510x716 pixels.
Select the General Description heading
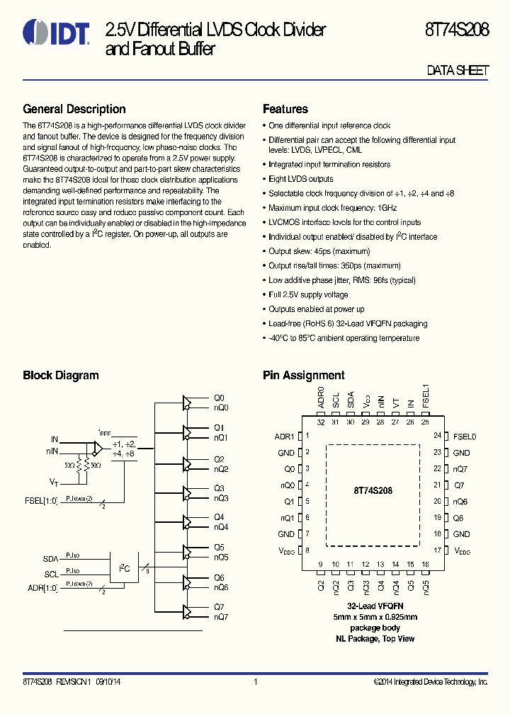click(x=74, y=109)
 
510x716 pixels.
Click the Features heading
click(x=285, y=109)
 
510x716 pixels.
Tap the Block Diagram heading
click(x=61, y=375)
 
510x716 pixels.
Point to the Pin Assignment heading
click(x=303, y=375)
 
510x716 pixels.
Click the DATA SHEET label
click(x=458, y=71)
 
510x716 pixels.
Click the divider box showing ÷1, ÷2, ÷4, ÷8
click(x=124, y=449)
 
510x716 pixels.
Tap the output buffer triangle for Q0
click(x=187, y=403)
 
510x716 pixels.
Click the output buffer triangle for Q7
click(x=187, y=611)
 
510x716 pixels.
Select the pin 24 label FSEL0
click(x=465, y=437)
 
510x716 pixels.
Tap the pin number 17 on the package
click(x=438, y=550)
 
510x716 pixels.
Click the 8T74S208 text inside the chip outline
click(x=373, y=490)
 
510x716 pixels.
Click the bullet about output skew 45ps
click(x=309, y=251)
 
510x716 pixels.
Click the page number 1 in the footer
click(x=255, y=682)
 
